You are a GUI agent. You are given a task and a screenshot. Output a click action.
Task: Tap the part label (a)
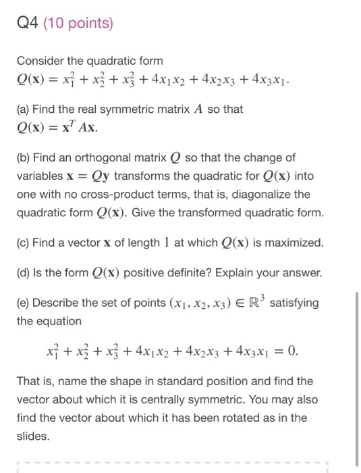25,109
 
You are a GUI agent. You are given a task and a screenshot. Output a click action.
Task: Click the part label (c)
25,243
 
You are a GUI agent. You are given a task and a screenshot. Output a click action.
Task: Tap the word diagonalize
260,194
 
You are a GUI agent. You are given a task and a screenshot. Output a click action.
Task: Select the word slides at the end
33,436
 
